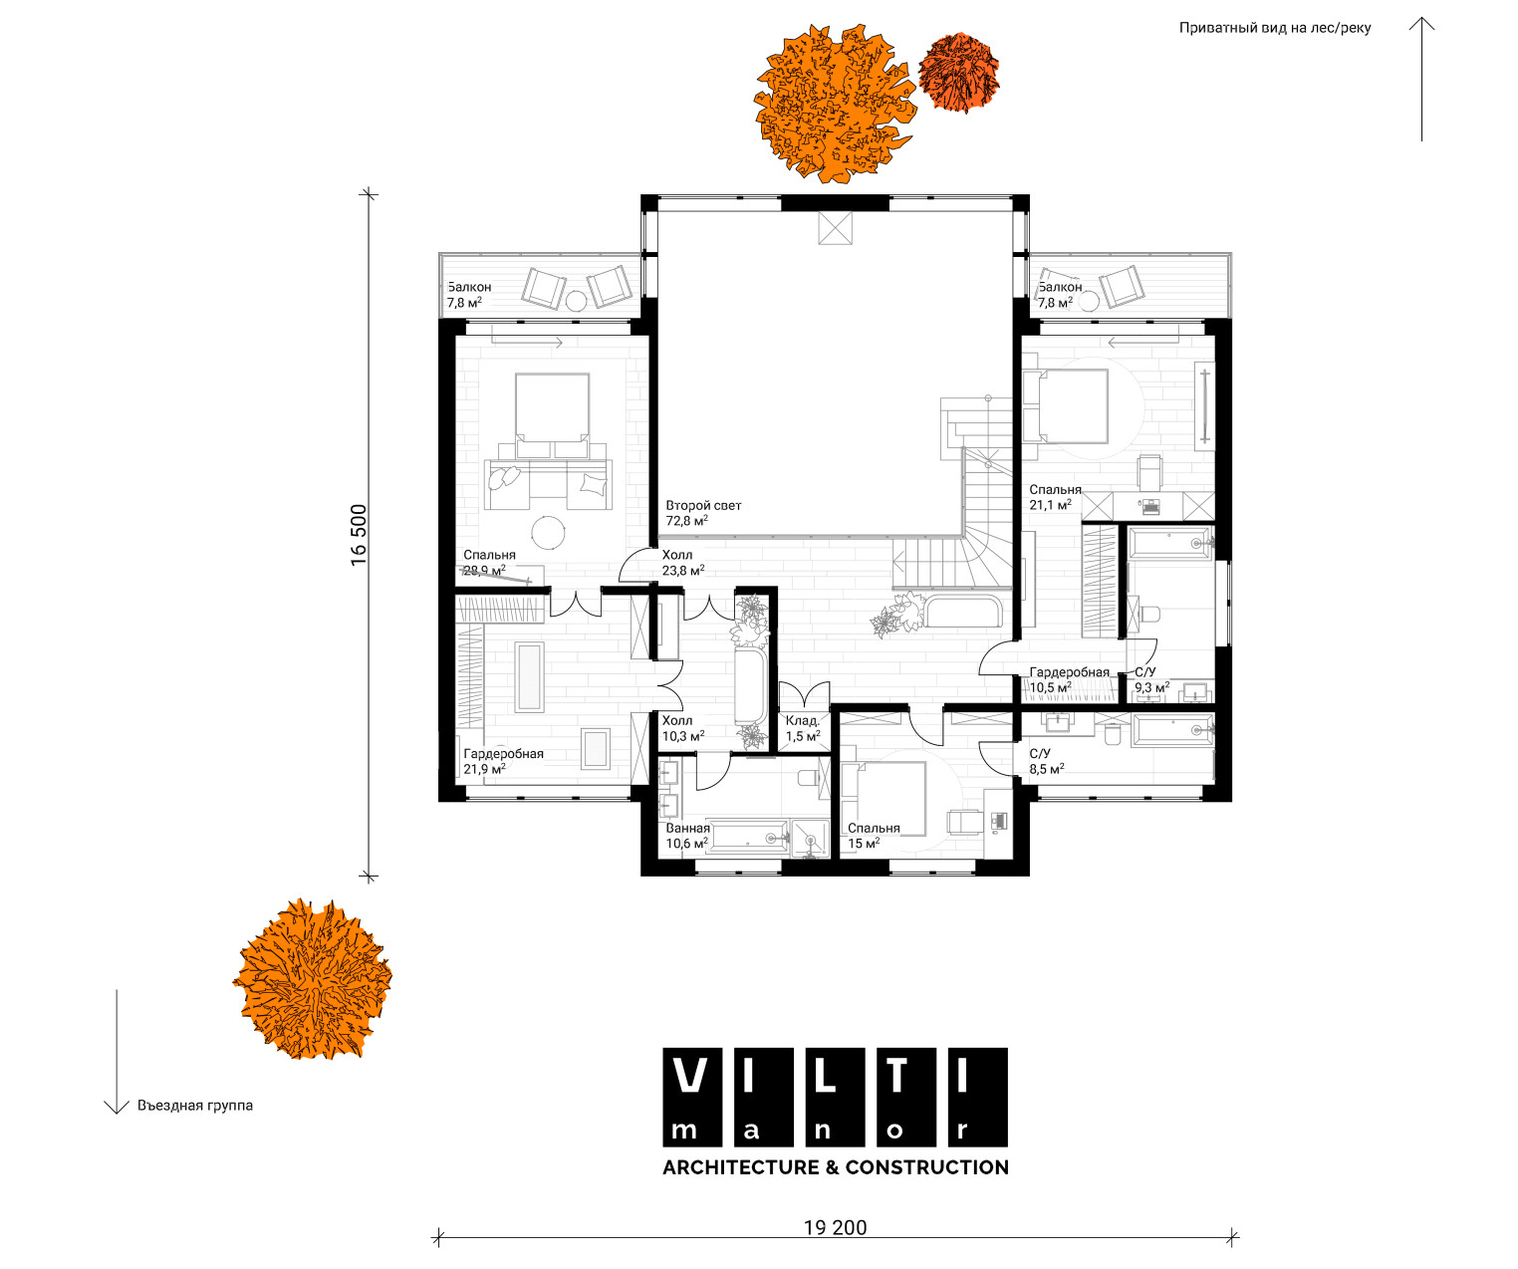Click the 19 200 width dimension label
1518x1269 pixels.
(x=835, y=1227)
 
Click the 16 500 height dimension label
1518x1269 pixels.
(x=359, y=535)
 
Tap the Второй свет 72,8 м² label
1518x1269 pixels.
(x=703, y=513)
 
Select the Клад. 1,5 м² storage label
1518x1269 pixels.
(x=803, y=728)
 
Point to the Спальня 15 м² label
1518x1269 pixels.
(x=874, y=836)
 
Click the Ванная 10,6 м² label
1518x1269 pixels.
(x=687, y=836)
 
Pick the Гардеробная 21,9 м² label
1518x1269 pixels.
(x=503, y=761)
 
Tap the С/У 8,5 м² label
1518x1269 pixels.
(x=1046, y=761)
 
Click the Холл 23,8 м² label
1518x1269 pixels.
(x=682, y=562)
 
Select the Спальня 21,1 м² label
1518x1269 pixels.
(x=1055, y=497)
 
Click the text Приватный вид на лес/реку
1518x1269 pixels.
(x=1274, y=28)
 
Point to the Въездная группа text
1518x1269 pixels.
(x=195, y=1106)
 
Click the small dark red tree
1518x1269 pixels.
(x=959, y=72)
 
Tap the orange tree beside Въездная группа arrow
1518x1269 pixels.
(x=312, y=978)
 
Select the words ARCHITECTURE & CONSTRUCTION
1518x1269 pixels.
(x=836, y=1167)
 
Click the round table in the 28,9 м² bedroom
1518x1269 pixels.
(x=548, y=533)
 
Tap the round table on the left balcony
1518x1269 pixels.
(x=576, y=301)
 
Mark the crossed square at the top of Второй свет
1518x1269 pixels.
(x=835, y=228)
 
